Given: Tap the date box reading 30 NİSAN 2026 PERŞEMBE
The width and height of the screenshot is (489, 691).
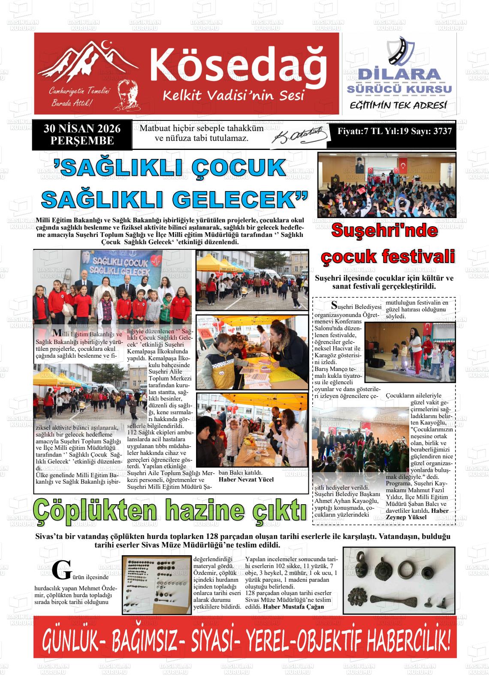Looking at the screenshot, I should click(x=82, y=135).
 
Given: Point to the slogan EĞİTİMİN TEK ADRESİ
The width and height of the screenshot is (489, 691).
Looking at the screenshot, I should click(x=398, y=105).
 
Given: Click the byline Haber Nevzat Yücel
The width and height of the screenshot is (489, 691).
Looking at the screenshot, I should click(x=246, y=479).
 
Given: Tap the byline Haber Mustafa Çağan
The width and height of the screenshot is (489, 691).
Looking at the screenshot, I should click(x=293, y=607).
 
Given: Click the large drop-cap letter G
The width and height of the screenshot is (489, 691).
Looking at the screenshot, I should click(x=61, y=569).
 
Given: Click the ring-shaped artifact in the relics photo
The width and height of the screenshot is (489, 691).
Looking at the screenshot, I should click(x=406, y=568).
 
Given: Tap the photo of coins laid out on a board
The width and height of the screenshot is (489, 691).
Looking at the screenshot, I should click(x=157, y=585).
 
